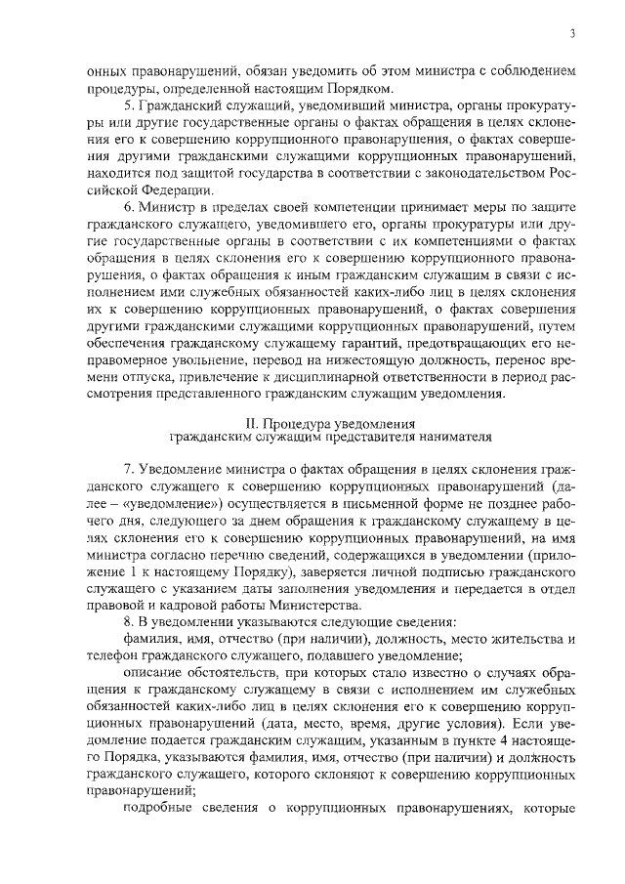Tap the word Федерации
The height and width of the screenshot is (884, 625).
point(169,189)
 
